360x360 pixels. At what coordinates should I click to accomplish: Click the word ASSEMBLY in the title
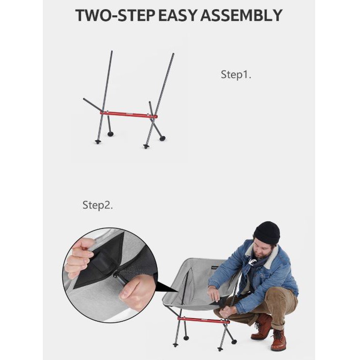pos(241,15)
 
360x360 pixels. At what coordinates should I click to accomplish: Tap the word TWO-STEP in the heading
pos(115,15)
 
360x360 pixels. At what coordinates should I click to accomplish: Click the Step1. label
pos(236,74)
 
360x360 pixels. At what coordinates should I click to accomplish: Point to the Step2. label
pos(97,205)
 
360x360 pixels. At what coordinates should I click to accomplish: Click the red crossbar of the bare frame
pos(128,114)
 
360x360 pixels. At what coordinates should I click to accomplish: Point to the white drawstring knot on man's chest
pos(252,262)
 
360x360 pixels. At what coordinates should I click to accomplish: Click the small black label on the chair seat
pos(215,268)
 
